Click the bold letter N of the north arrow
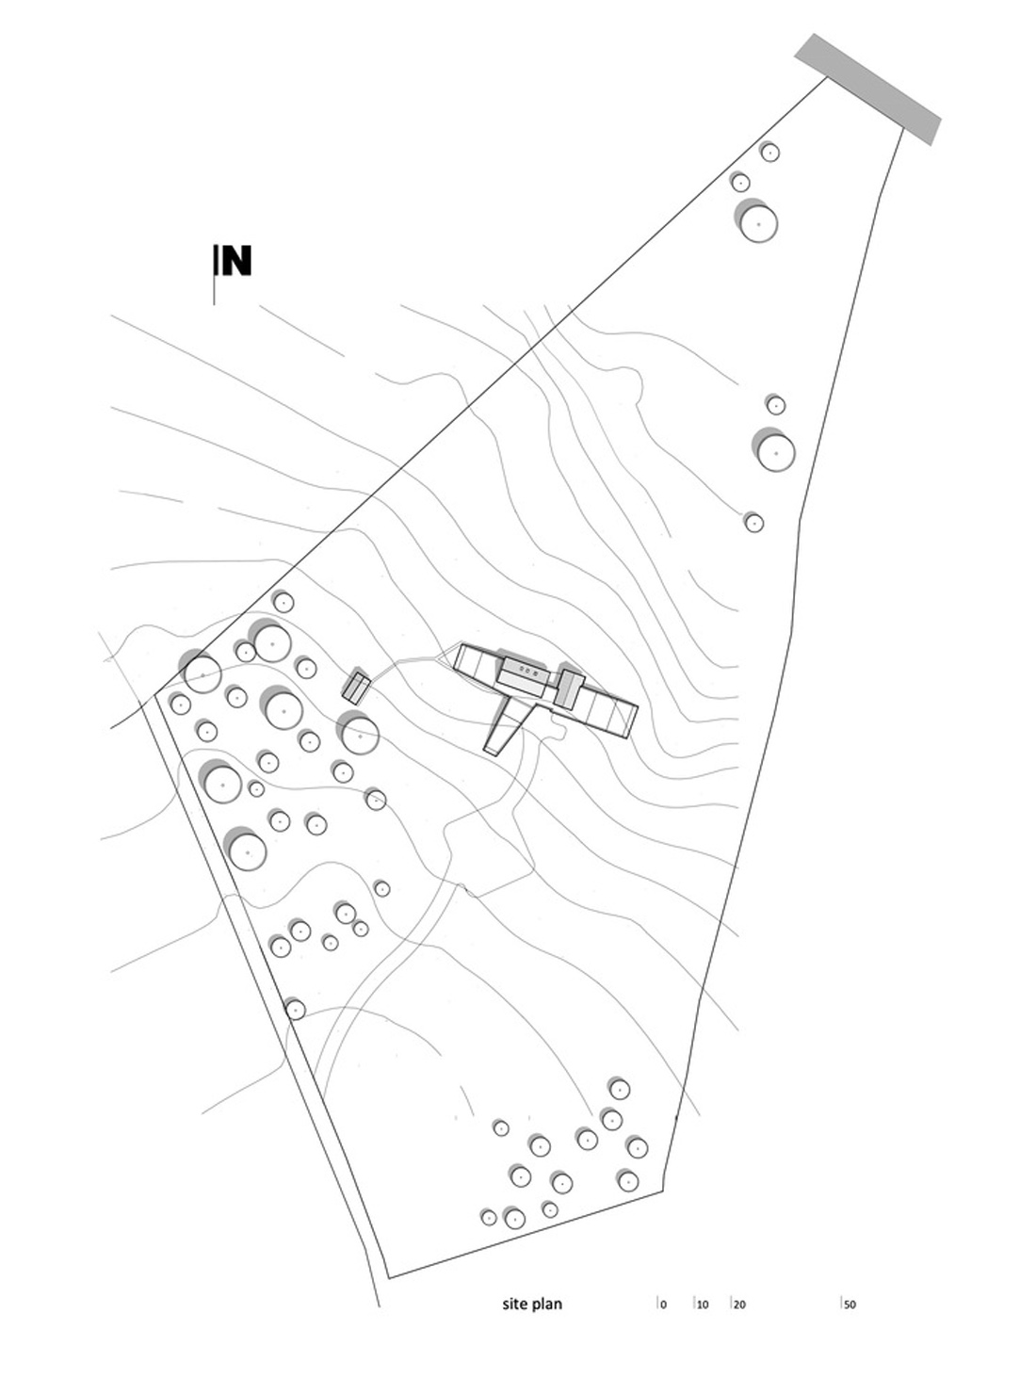coord(236,261)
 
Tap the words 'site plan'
coord(532,1305)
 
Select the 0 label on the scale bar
coord(663,1305)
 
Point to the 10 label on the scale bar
coord(703,1305)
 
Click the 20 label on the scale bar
coord(739,1305)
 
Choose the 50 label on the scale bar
coord(850,1305)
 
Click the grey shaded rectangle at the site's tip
coord(867,89)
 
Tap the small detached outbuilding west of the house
coord(355,688)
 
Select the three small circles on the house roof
coord(528,673)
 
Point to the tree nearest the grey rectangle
coord(769,152)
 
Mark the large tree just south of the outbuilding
coord(360,735)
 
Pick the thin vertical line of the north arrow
coord(215,283)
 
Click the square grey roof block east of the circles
coord(567,686)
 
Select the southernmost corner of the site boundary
coord(389,1277)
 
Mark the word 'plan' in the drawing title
coord(547,1305)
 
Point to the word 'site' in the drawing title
coord(514,1305)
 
